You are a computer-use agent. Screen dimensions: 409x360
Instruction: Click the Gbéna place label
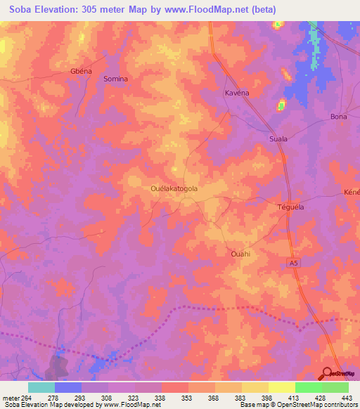[82, 72]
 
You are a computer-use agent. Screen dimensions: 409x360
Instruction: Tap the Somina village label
[115, 79]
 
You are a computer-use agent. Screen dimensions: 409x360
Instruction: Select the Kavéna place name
[237, 93]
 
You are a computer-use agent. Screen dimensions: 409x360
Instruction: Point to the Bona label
[338, 117]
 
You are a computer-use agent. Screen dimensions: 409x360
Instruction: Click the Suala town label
[278, 139]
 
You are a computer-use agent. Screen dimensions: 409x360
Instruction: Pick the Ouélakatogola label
[174, 188]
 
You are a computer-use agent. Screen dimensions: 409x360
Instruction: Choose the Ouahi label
[240, 253]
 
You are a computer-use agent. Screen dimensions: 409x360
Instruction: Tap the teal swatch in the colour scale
[41, 387]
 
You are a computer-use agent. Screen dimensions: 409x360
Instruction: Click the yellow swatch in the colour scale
[281, 387]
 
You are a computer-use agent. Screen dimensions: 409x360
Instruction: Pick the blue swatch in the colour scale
[67, 387]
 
